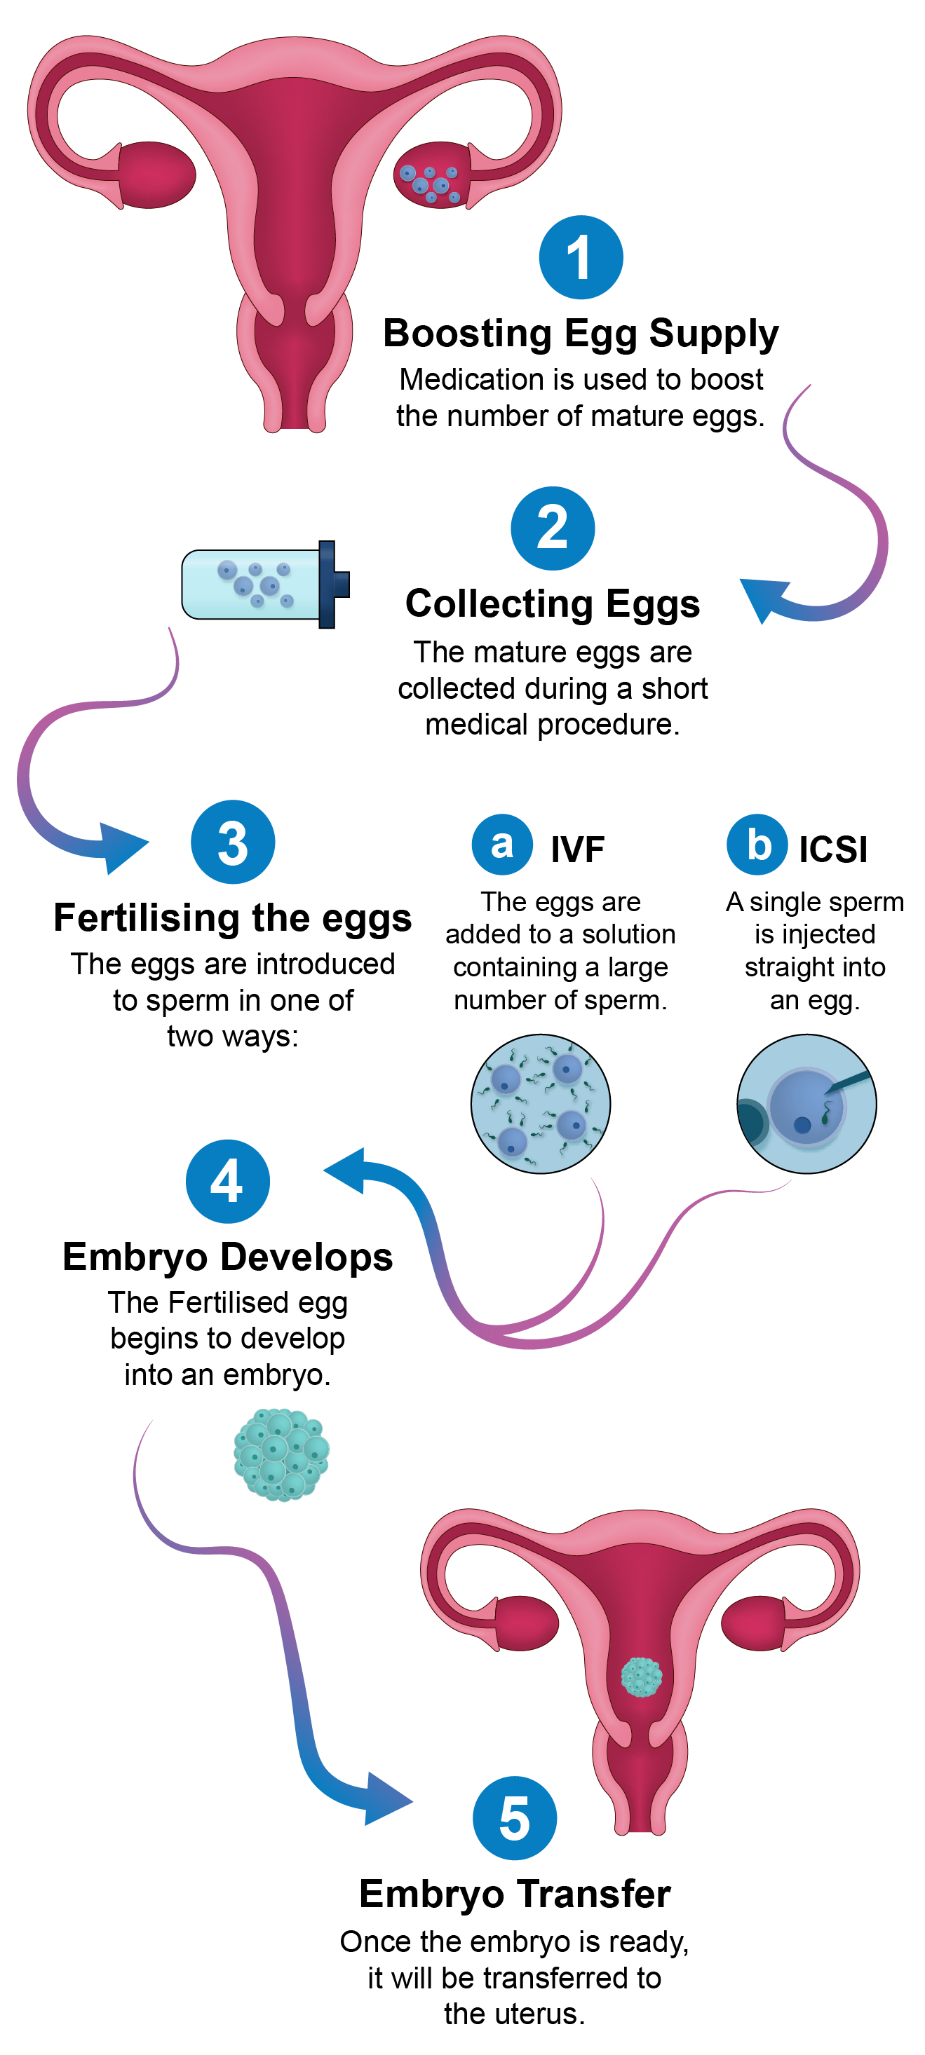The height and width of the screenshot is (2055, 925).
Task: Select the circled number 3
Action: tap(232, 843)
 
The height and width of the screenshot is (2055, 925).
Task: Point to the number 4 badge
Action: tap(227, 1182)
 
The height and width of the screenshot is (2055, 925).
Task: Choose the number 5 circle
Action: tap(514, 1819)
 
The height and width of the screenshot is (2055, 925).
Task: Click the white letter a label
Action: tap(502, 845)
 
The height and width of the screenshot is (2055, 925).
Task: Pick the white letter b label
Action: tap(759, 845)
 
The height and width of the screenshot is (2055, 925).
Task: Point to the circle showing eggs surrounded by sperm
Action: tap(540, 1103)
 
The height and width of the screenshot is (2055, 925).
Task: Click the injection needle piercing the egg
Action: tap(849, 1081)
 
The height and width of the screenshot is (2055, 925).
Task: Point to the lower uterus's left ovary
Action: tap(527, 1623)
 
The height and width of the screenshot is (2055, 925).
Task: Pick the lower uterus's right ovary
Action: tap(753, 1623)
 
